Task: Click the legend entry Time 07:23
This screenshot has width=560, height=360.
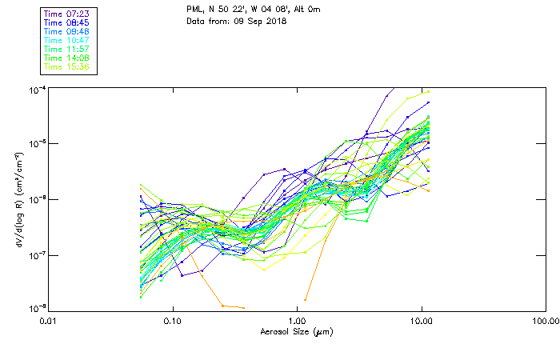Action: [x=66, y=14]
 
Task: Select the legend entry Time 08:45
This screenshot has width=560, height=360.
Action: [x=66, y=23]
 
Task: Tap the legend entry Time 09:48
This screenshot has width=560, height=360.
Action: [x=66, y=32]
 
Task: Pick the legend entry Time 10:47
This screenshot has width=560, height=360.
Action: [x=66, y=41]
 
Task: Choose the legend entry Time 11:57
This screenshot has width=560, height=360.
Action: [x=66, y=50]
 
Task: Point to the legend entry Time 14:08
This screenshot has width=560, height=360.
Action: [x=66, y=58]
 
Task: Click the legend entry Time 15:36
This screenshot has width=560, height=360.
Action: [x=66, y=67]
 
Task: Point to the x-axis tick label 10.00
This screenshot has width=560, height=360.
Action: [x=422, y=321]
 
